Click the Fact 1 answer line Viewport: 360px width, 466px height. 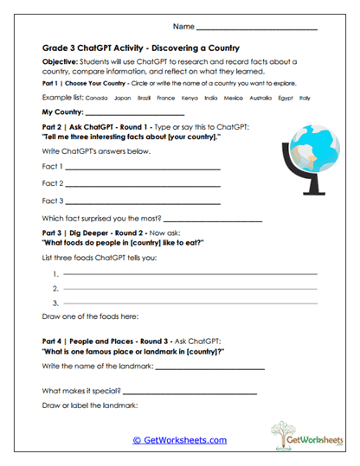tap(143, 169)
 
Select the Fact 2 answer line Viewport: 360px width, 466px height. tap(143, 185)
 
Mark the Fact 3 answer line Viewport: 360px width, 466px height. tap(143, 201)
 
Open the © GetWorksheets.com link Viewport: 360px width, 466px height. tap(179, 440)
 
